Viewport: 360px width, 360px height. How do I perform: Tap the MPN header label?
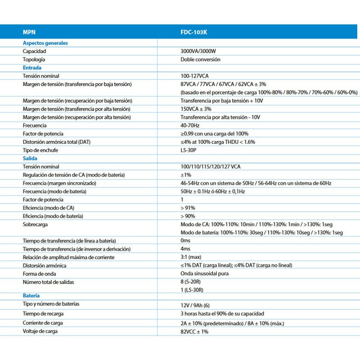[29, 32]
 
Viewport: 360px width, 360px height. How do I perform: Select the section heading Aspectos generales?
[45, 43]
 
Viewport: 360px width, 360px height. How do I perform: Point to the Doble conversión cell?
[200, 59]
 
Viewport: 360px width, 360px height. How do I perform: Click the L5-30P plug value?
[188, 150]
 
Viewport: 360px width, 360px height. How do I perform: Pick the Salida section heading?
[30, 158]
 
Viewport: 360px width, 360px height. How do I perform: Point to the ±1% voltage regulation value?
[186, 175]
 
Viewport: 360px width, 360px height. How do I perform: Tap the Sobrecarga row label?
[36, 224]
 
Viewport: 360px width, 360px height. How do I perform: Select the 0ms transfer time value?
[185, 241]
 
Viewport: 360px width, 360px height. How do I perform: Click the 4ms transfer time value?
[185, 249]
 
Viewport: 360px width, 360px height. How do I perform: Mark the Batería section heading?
[31, 296]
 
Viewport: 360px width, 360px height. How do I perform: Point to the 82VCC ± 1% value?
[195, 332]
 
